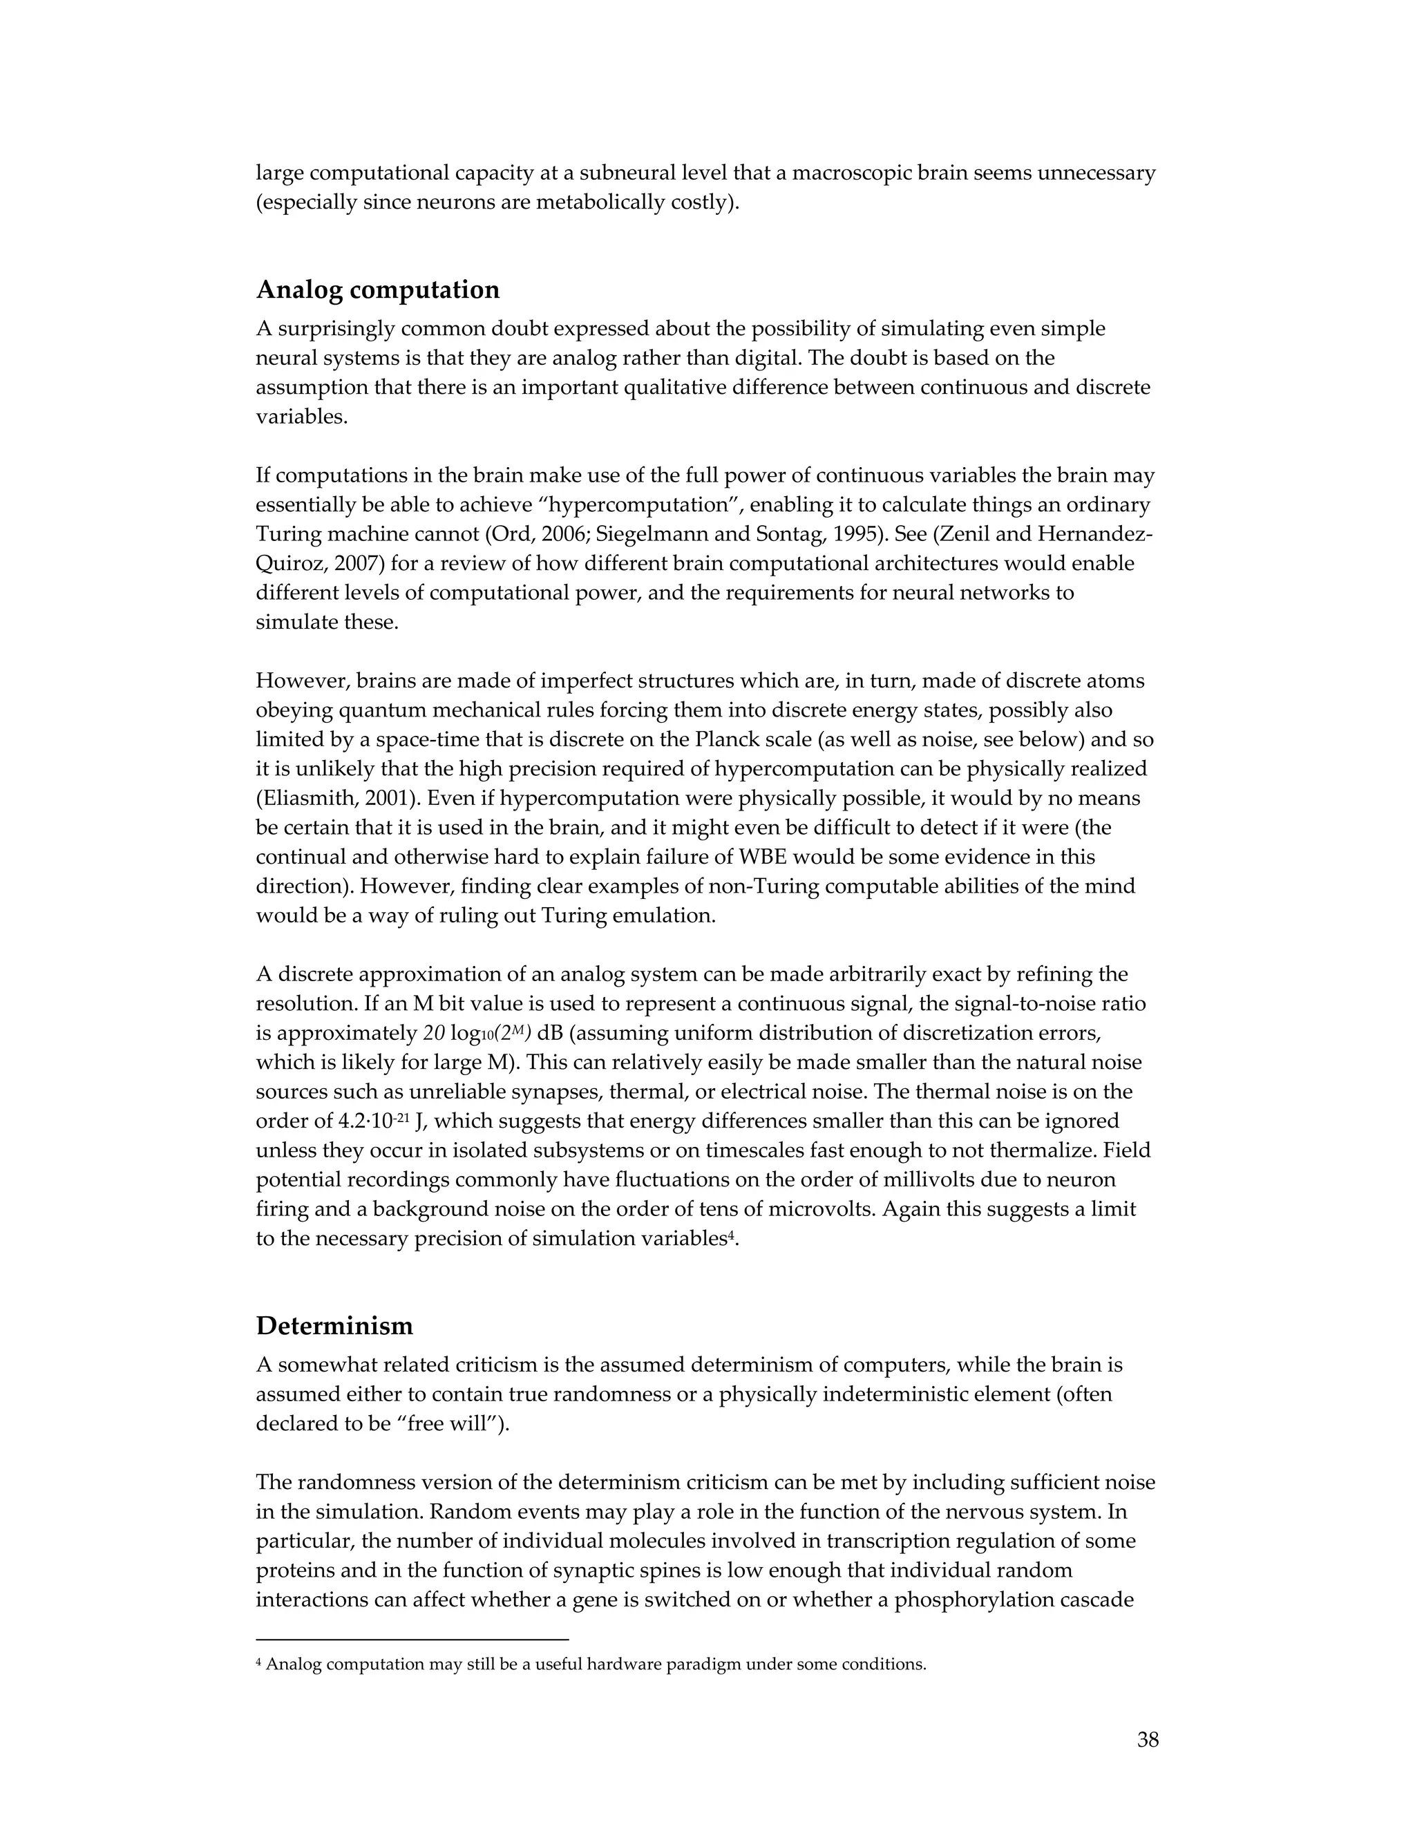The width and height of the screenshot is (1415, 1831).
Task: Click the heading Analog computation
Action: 377,290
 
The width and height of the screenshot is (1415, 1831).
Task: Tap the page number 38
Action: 1148,1740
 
